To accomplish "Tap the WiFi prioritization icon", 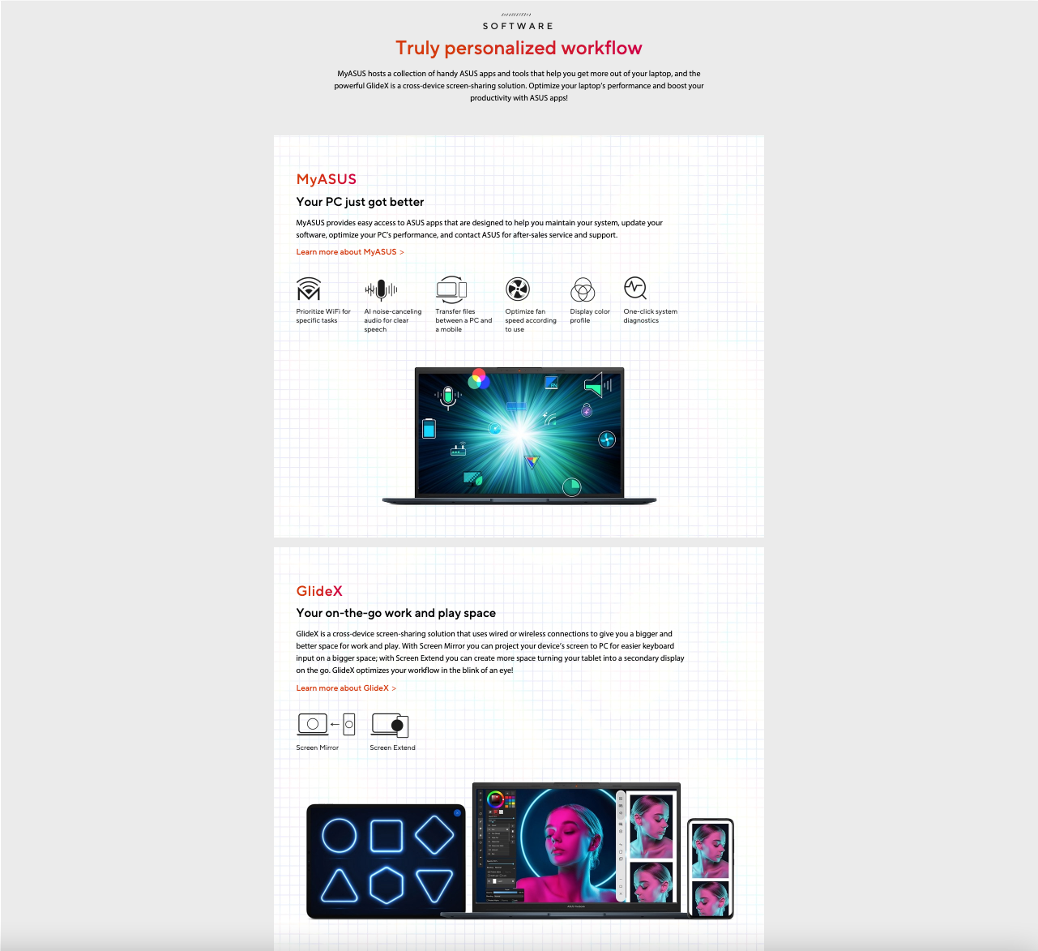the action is click(309, 289).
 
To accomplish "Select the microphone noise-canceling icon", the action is click(381, 290).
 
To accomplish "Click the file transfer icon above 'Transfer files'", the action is click(451, 289).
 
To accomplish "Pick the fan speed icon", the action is click(518, 289).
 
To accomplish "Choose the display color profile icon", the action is click(583, 289).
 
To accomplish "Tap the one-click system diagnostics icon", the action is click(635, 288).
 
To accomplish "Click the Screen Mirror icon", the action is click(326, 724).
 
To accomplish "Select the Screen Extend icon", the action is click(390, 725).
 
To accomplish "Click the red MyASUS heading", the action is click(326, 179).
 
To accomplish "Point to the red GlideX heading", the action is click(319, 591).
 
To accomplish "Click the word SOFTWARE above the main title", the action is click(518, 26).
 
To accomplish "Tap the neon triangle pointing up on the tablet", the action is click(339, 885).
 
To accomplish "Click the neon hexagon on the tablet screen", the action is click(386, 885).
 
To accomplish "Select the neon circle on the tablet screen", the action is click(340, 836).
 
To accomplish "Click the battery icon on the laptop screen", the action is click(429, 428).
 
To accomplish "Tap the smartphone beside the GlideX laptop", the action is click(711, 868).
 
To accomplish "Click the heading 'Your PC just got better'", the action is click(360, 202).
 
